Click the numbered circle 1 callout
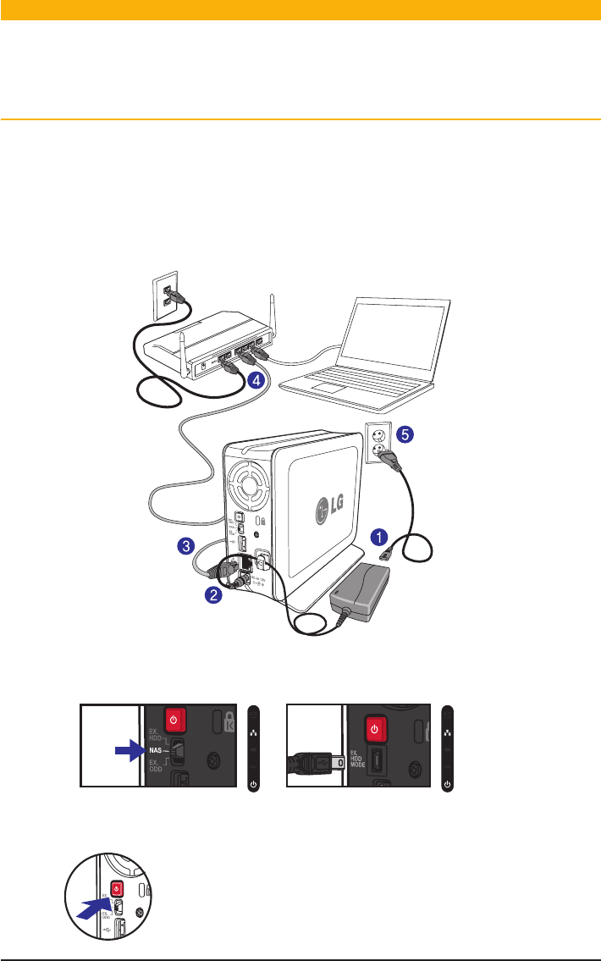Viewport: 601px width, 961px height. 380,536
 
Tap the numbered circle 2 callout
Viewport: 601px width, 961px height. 216,595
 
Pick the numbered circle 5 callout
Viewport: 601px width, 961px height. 406,434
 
